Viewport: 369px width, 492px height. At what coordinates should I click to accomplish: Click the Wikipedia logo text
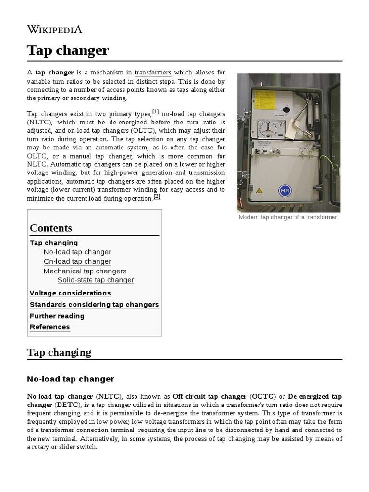click(54, 30)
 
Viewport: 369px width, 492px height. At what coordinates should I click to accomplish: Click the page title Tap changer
click(68, 50)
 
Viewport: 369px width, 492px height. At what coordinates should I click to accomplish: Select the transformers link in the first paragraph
click(153, 73)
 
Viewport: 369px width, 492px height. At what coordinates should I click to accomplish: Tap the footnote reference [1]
click(155, 112)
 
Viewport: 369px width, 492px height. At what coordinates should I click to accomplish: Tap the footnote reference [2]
click(157, 197)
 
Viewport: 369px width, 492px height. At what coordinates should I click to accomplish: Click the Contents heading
click(51, 228)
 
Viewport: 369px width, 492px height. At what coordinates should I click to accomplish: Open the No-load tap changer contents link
click(77, 252)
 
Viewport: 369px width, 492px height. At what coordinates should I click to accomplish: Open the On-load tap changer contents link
click(77, 262)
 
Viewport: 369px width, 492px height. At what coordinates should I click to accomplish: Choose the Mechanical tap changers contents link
click(85, 271)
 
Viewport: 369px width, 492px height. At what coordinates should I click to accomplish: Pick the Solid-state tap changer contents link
click(96, 280)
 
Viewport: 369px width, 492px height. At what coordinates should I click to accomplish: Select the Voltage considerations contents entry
click(70, 293)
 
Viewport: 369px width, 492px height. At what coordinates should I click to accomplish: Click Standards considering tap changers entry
click(94, 305)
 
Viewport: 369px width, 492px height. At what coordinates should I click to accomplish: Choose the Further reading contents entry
click(57, 316)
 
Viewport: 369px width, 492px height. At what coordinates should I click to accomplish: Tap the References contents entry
click(50, 327)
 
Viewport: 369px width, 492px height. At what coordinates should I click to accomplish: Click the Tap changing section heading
click(59, 352)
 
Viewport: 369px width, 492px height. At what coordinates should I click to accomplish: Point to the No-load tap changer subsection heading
click(71, 379)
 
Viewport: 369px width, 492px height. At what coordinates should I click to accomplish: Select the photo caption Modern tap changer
click(288, 217)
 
